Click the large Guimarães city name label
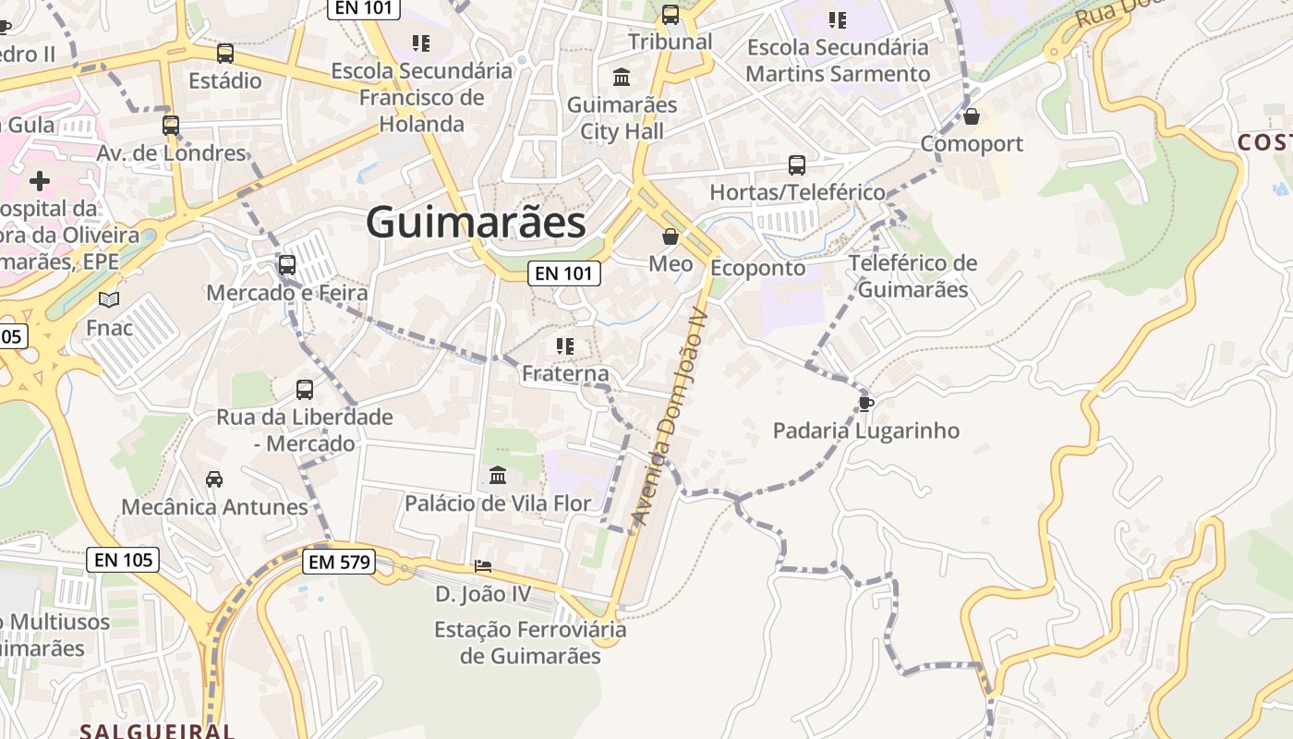tap(476, 223)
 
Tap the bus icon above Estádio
tap(225, 54)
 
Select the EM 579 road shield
tap(339, 561)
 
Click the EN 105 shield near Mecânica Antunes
tap(124, 559)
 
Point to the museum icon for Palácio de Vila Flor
tap(498, 476)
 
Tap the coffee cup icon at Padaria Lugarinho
tap(865, 403)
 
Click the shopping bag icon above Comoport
tap(971, 116)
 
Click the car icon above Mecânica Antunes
tap(214, 479)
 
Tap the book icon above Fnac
tap(109, 299)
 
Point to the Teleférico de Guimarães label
tap(912, 276)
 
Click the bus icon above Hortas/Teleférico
tap(797, 165)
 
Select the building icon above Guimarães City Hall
tap(622, 77)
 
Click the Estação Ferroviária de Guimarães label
tap(530, 643)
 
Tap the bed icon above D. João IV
tap(483, 565)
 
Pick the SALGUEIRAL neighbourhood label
tap(157, 731)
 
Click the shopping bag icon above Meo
tap(671, 237)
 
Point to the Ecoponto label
tap(757, 268)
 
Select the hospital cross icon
tap(40, 180)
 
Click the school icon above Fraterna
tap(565, 346)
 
